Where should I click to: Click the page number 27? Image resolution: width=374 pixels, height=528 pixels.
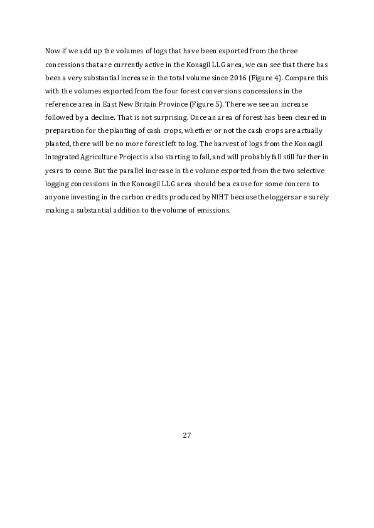coord(186,435)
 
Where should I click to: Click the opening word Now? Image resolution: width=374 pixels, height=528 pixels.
coord(53,50)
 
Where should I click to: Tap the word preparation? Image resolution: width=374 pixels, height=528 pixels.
coord(66,130)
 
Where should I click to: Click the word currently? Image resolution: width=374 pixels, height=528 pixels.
coord(126,63)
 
